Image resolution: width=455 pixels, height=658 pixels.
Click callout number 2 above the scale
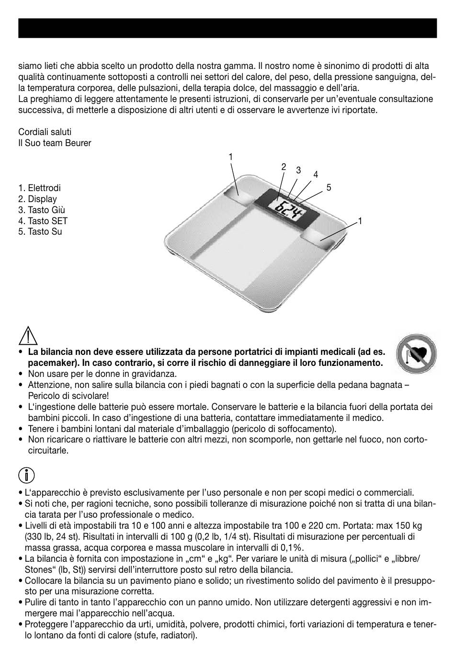(x=284, y=167)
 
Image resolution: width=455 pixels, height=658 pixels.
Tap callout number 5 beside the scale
(x=329, y=187)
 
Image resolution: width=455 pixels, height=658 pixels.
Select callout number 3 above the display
(x=298, y=170)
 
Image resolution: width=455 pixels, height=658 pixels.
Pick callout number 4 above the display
(x=316, y=175)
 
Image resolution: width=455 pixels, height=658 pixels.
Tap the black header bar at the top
(x=227, y=28)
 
